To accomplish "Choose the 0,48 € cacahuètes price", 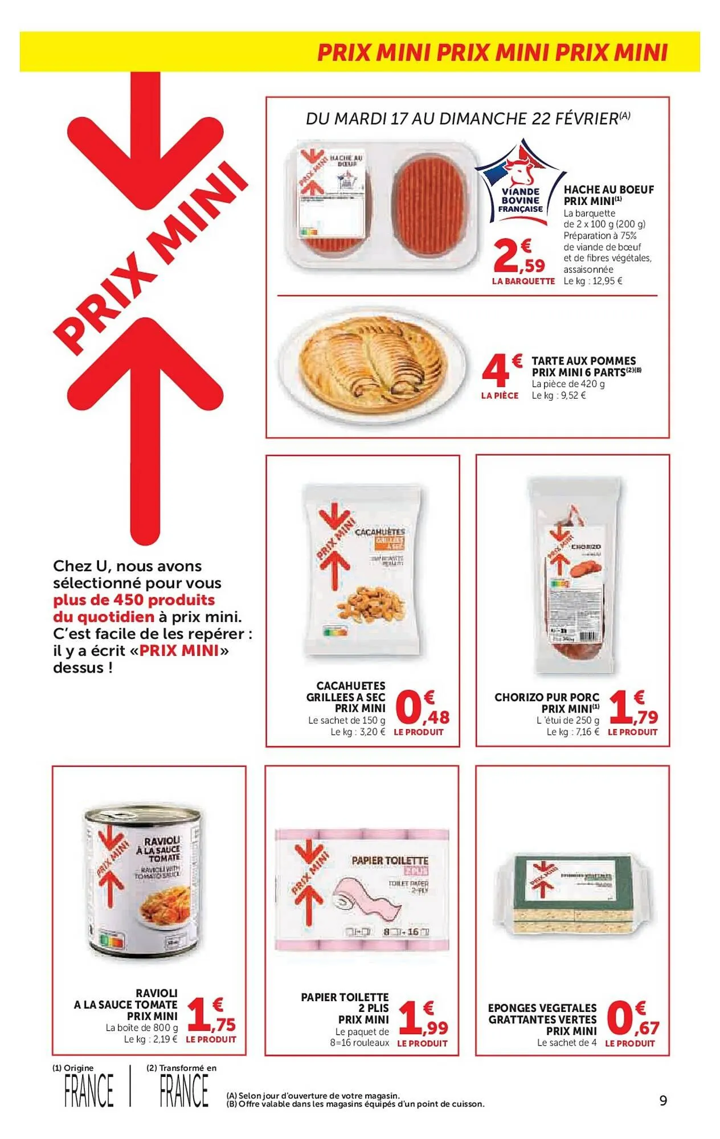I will click(422, 708).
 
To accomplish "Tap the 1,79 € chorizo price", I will click(633, 708).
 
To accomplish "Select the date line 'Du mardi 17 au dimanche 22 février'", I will click(467, 118).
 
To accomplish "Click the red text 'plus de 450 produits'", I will click(134, 600).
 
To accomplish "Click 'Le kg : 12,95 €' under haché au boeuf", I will click(592, 281).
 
